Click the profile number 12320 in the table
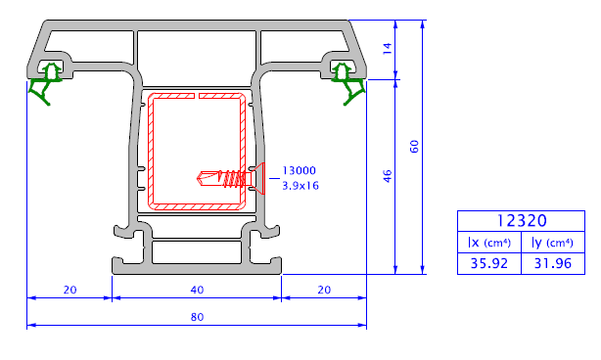point(522,221)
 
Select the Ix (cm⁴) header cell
point(489,243)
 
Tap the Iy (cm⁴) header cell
point(552,243)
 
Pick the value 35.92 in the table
point(489,263)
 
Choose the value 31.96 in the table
point(553,263)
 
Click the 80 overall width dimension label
point(197,317)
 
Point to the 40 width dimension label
point(197,290)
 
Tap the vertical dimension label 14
point(388,49)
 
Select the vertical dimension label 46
point(388,176)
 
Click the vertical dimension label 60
point(414,147)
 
